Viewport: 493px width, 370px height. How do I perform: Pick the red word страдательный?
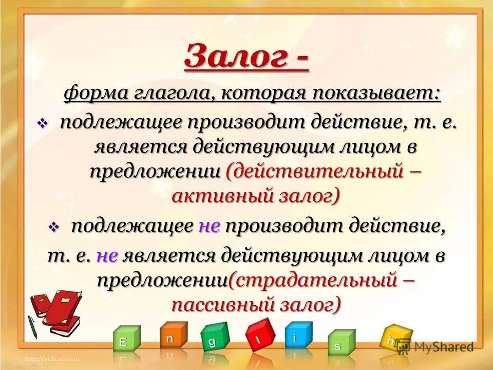coord(313,280)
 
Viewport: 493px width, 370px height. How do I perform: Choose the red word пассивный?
coord(221,305)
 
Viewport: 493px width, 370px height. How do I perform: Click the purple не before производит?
coord(209,226)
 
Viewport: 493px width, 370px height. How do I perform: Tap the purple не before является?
coord(107,255)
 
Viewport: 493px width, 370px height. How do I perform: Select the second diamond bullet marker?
coord(54,227)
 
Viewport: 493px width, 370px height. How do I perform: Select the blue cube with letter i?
coord(298,336)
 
